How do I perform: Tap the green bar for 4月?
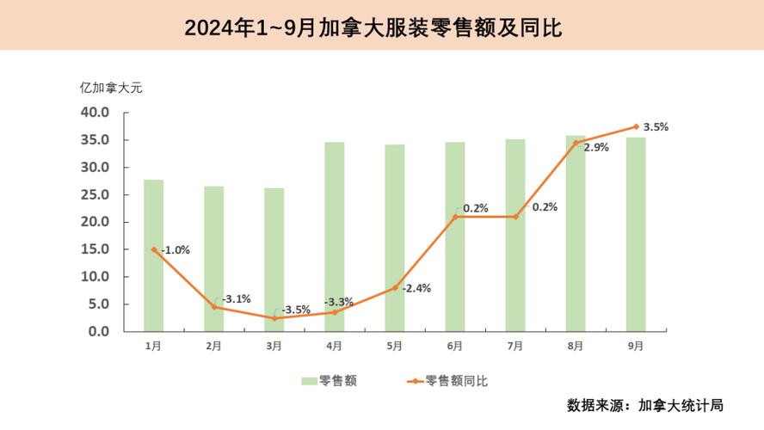point(335,236)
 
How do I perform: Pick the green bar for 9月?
point(636,234)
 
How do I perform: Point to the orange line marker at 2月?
point(214,307)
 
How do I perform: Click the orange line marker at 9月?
point(636,126)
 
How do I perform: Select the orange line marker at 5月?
point(395,287)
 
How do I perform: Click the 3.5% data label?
point(656,127)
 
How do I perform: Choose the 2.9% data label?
point(596,147)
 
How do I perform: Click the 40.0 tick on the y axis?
point(95,113)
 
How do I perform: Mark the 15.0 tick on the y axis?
point(95,249)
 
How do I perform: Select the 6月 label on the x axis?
point(455,346)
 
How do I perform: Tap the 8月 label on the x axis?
point(576,346)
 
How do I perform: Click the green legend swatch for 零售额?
point(309,381)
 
